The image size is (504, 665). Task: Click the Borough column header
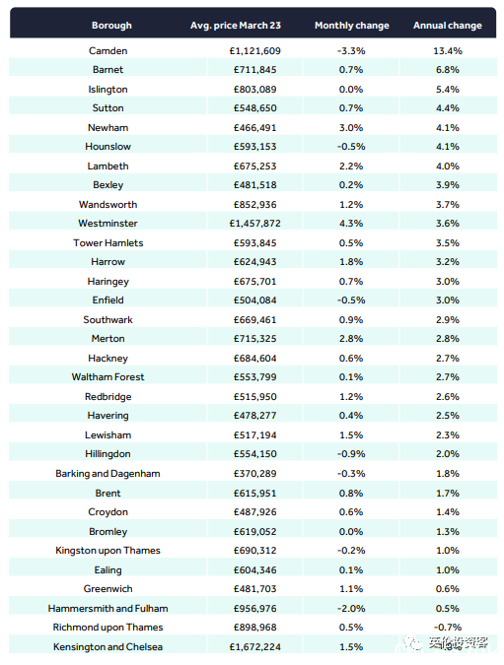tap(111, 26)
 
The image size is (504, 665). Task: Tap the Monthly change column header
tap(351, 26)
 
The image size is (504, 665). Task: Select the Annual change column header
tap(448, 26)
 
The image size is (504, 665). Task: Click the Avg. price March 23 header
tap(236, 26)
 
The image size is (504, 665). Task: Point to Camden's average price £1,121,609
tap(254, 51)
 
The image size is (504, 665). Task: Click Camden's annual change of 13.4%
tap(448, 51)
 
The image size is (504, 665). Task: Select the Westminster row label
tap(108, 223)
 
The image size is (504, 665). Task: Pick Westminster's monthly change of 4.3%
tap(351, 223)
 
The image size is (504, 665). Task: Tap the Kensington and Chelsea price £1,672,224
tap(254, 646)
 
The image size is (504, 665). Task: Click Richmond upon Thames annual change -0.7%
tap(448, 628)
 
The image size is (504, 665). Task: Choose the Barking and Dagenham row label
tap(108, 474)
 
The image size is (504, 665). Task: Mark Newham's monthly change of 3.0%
tap(351, 128)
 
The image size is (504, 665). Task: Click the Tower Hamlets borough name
tap(108, 243)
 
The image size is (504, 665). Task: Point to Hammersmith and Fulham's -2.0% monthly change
tap(351, 609)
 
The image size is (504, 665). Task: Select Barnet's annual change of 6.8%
tap(448, 70)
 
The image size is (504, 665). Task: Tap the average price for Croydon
tap(254, 512)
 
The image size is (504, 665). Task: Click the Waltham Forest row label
tap(108, 377)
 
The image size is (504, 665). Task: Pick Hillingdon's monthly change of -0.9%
tap(351, 454)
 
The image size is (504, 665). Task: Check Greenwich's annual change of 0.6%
tap(448, 589)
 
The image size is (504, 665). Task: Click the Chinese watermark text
tap(458, 643)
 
